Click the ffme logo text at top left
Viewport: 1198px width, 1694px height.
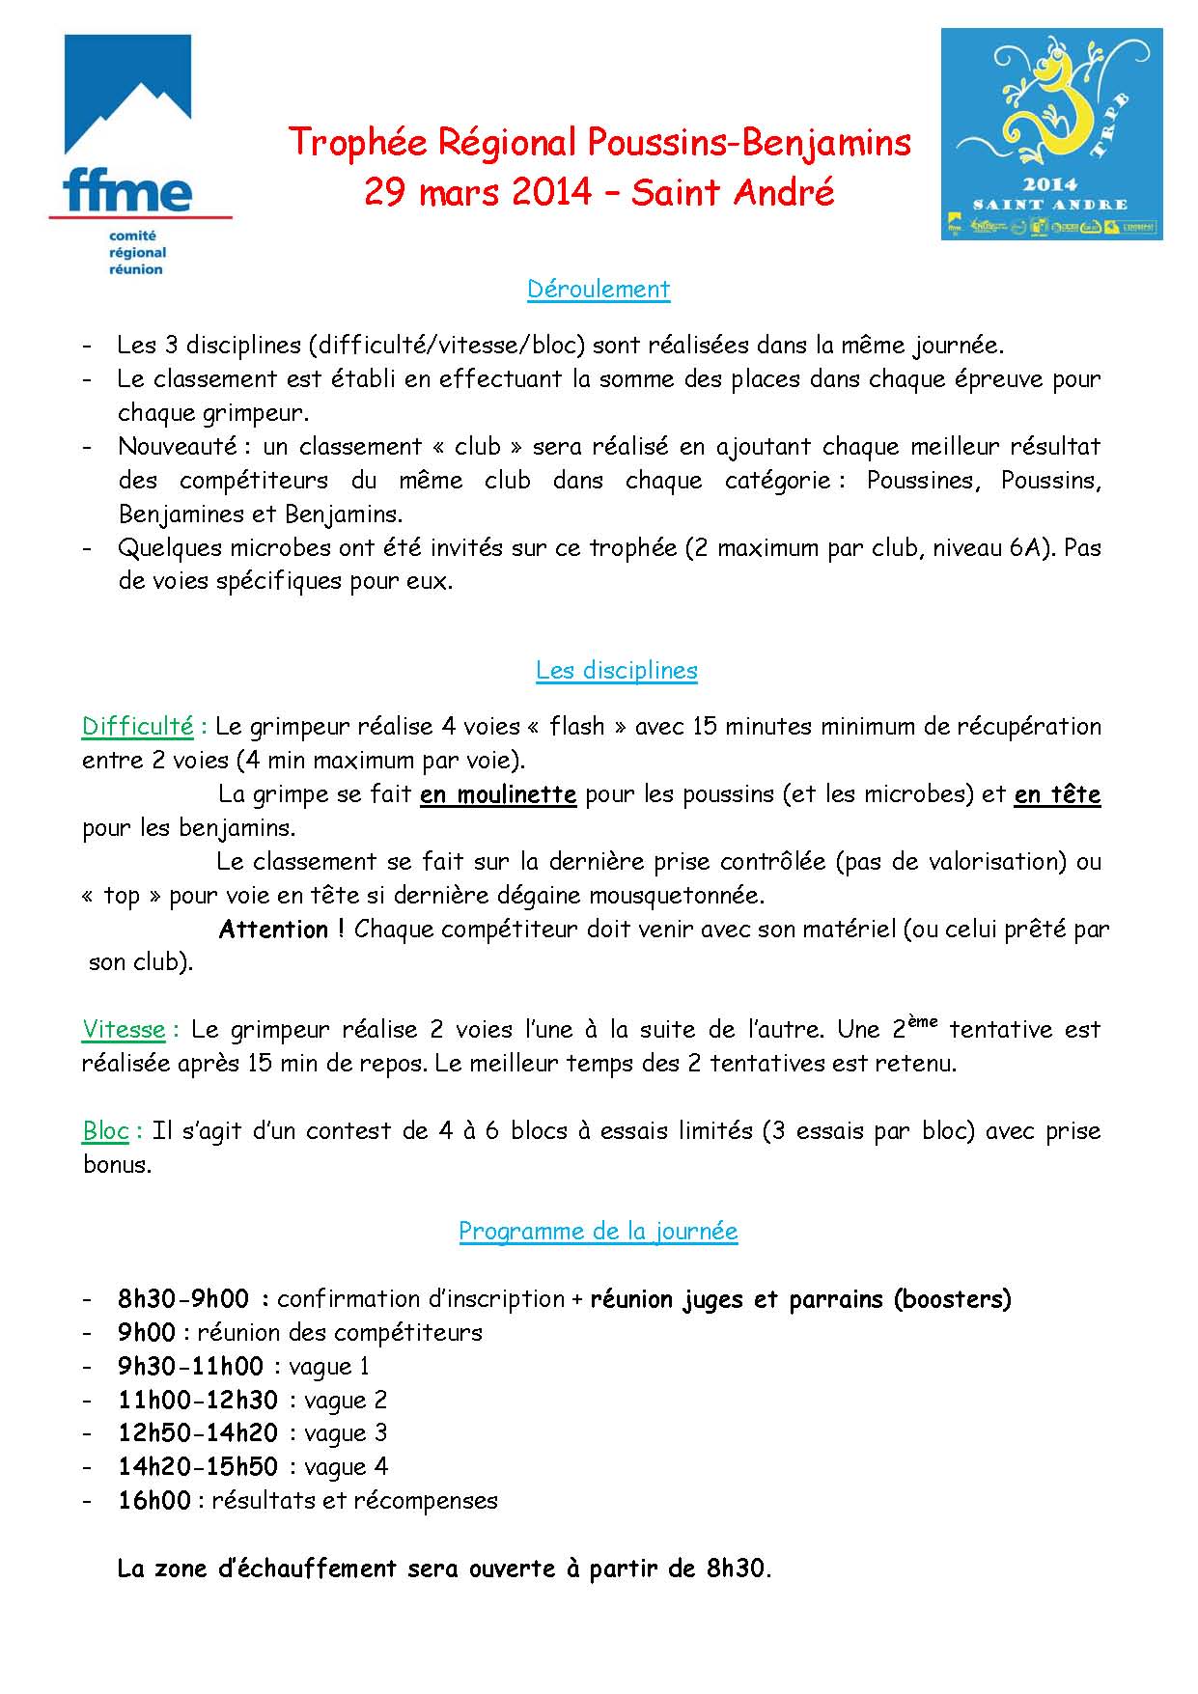click(126, 191)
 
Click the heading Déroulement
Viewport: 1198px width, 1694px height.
click(599, 290)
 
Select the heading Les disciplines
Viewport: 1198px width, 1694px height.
click(617, 671)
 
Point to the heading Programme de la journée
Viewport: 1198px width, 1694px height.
click(599, 1232)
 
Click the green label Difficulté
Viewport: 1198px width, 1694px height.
click(138, 727)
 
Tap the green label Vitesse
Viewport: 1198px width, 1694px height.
click(125, 1030)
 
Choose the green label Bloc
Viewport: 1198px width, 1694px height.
click(106, 1131)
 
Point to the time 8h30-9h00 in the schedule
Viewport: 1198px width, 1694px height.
click(183, 1299)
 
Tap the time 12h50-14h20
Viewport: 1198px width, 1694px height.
click(198, 1433)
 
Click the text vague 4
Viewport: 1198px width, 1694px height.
click(347, 1467)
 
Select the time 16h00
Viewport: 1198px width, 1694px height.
click(154, 1501)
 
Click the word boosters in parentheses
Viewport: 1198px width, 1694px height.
click(953, 1299)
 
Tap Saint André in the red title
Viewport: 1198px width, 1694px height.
click(733, 192)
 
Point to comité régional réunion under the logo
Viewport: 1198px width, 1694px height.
click(137, 253)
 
